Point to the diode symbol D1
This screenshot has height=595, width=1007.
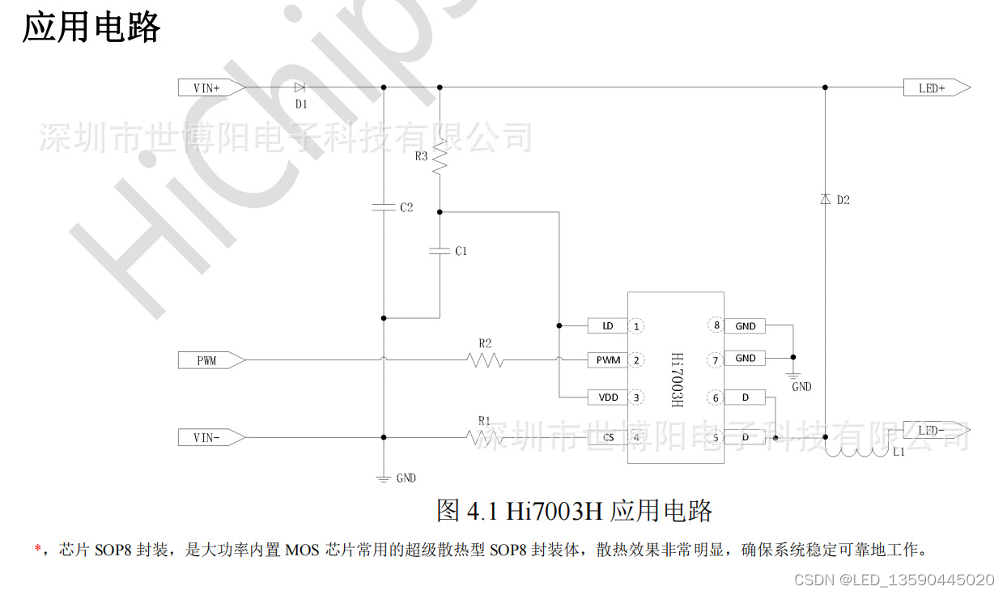click(300, 87)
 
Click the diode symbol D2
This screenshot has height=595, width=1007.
click(825, 199)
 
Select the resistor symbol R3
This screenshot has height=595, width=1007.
click(440, 157)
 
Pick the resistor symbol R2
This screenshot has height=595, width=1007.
click(486, 360)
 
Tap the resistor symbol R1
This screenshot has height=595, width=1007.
click(484, 437)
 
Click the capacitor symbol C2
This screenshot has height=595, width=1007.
click(383, 207)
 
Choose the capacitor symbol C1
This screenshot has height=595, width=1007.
click(440, 251)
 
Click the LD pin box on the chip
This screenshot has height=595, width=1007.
click(607, 326)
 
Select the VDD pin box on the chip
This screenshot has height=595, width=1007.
click(607, 397)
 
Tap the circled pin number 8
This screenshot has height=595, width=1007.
click(716, 325)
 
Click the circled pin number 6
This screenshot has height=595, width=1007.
click(716, 397)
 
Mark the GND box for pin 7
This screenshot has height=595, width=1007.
click(745, 358)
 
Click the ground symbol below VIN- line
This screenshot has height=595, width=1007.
click(383, 478)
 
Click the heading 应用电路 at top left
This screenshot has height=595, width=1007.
click(91, 27)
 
